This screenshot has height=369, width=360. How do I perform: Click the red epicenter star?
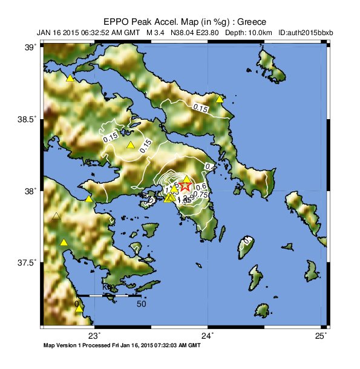(x=186, y=187)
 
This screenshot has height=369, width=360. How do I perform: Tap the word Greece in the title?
(x=250, y=21)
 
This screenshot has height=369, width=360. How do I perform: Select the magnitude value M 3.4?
(x=158, y=31)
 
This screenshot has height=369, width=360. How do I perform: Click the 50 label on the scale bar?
(x=142, y=304)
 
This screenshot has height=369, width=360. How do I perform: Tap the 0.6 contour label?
(x=203, y=186)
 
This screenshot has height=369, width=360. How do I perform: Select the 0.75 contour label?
(x=200, y=194)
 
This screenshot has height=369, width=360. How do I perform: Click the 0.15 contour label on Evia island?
(x=200, y=107)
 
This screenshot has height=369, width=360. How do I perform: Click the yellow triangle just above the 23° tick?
(x=79, y=309)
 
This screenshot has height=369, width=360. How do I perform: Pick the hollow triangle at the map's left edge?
(x=56, y=216)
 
